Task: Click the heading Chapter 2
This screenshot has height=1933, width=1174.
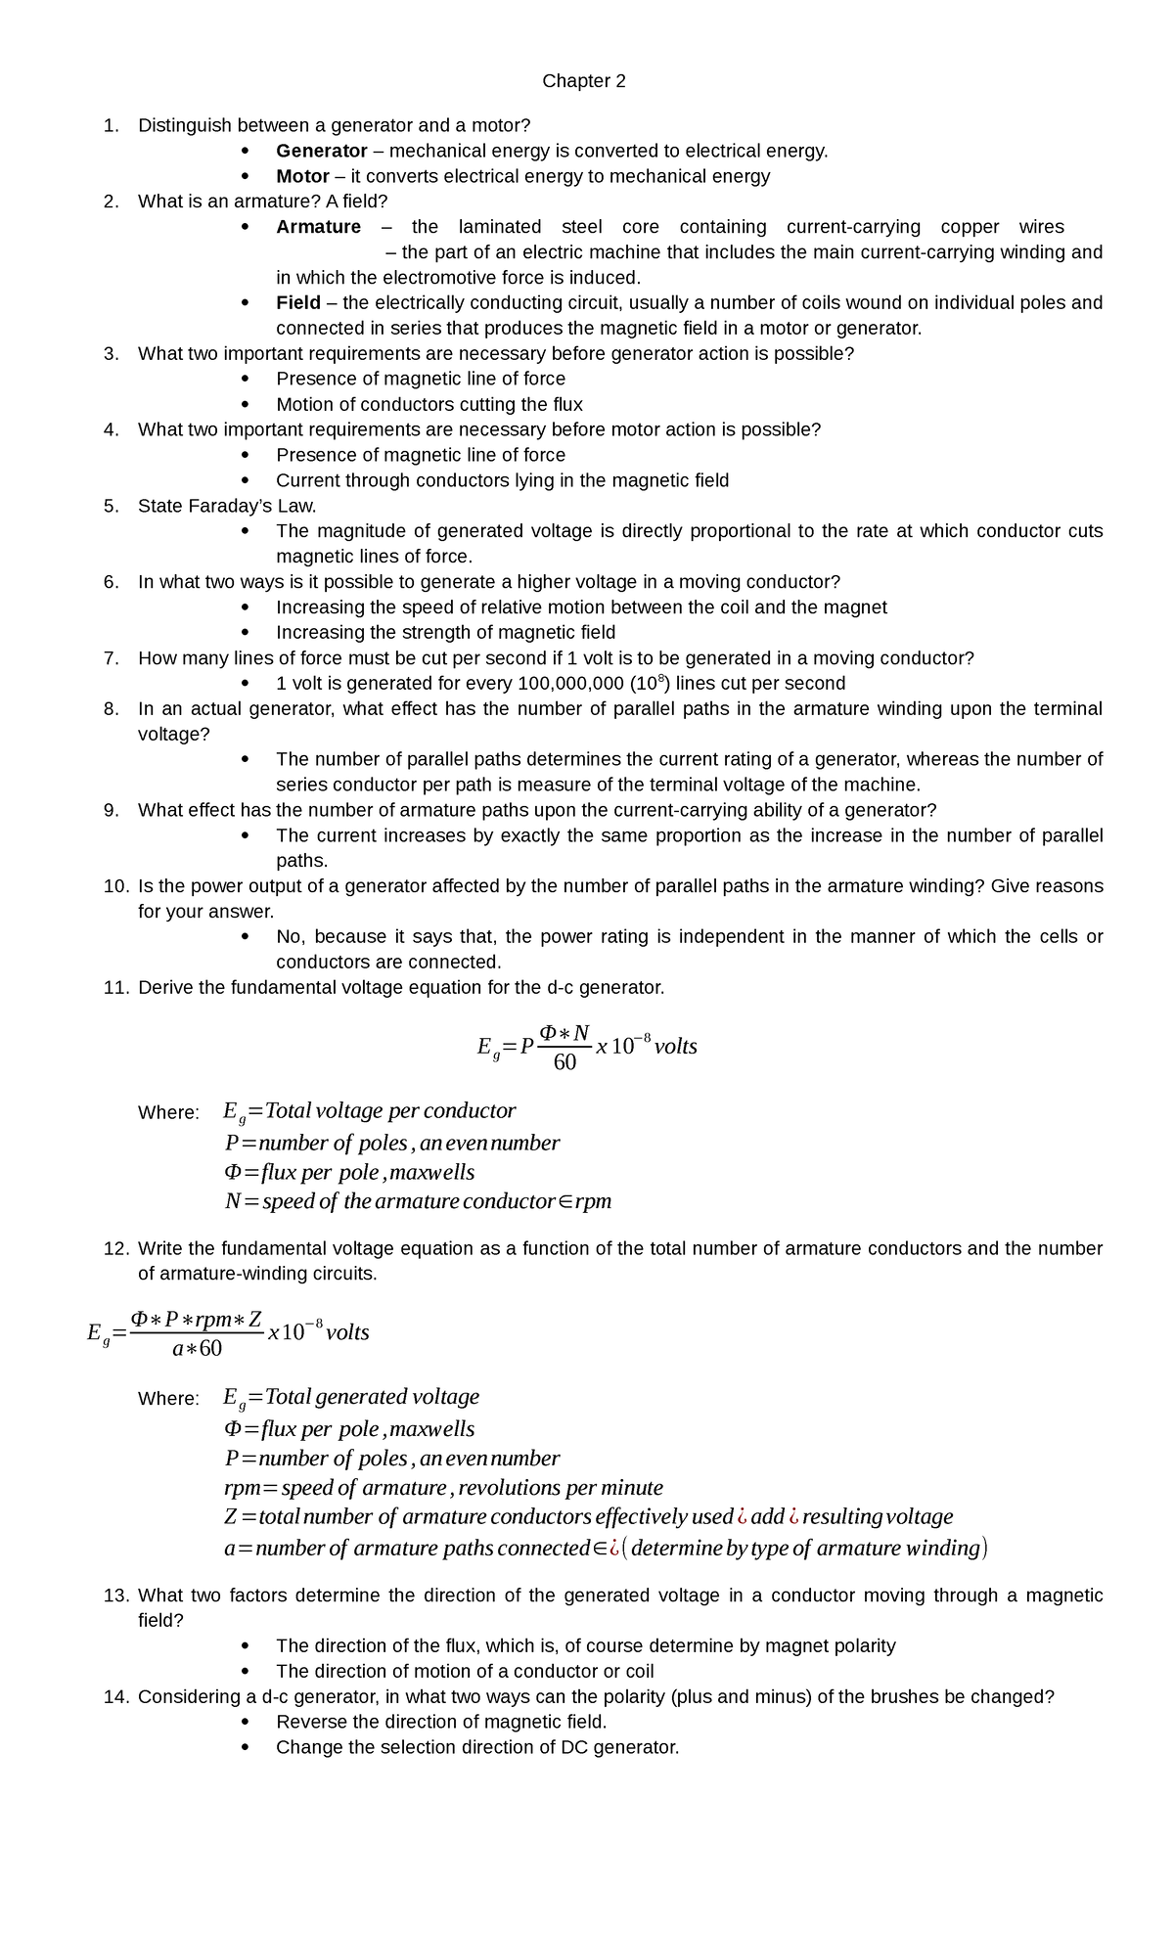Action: [x=584, y=81]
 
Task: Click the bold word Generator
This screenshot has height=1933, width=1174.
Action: [x=321, y=151]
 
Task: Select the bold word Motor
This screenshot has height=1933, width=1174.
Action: [x=302, y=176]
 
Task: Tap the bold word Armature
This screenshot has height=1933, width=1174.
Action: [x=318, y=227]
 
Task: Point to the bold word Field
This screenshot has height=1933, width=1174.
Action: [x=297, y=302]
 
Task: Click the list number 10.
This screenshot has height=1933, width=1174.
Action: [x=115, y=886]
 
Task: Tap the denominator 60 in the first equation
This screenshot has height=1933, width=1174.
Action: [x=564, y=1062]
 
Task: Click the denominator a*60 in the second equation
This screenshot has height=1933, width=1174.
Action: [x=197, y=1349]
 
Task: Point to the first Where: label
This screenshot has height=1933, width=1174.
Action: [x=168, y=1113]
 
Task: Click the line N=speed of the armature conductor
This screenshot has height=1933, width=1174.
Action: [x=418, y=1201]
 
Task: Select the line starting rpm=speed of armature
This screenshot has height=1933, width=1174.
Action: [x=443, y=1488]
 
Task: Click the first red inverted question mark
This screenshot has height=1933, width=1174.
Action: [x=743, y=1517]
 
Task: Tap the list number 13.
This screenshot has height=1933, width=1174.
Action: [x=115, y=1596]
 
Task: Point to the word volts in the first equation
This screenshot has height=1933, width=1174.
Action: [x=675, y=1047]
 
